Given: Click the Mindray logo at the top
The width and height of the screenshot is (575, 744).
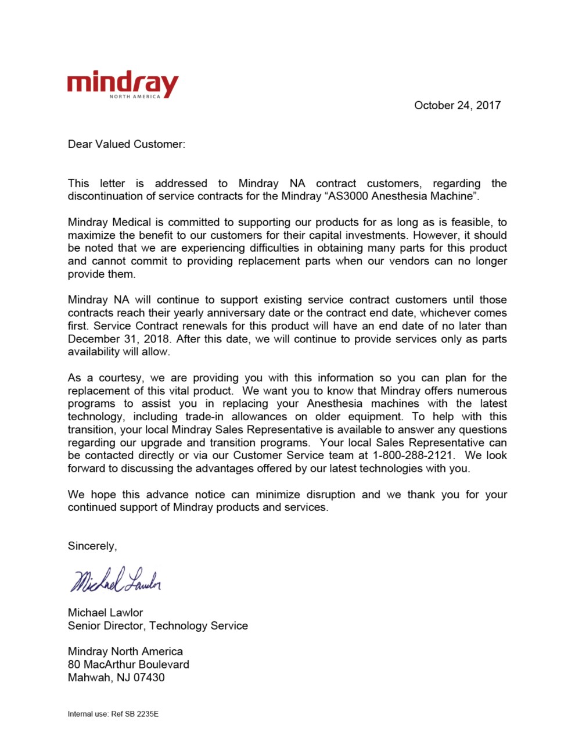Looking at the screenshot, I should coord(123,85).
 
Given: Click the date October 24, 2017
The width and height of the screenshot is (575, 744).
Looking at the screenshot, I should coord(457,105).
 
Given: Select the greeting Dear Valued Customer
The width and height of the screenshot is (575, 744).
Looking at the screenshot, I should coord(126,144).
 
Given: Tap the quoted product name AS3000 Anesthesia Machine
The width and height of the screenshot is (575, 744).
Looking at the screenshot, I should coord(401,196).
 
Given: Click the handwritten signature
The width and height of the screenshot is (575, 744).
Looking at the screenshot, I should coord(115,580).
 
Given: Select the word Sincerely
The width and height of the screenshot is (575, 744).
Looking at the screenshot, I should coord(92,546).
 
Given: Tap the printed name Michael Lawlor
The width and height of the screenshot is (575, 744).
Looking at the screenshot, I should coord(105,612).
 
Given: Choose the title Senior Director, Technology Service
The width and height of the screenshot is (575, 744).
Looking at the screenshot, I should coord(157,625).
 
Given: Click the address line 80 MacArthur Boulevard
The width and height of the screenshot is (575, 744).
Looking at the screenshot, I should coord(128,664).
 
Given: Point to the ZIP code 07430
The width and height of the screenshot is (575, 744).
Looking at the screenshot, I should coord(149,677).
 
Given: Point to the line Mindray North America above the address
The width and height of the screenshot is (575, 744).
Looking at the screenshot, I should coord(125,651).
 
